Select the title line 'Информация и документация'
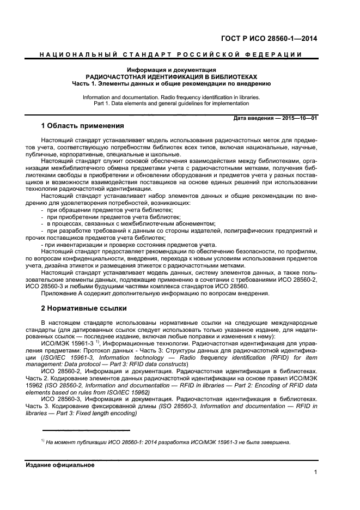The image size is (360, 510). tap(171, 70)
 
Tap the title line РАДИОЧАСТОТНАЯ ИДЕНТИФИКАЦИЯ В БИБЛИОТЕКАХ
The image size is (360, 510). tap(171, 77)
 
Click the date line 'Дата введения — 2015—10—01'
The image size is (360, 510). tap(275, 118)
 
